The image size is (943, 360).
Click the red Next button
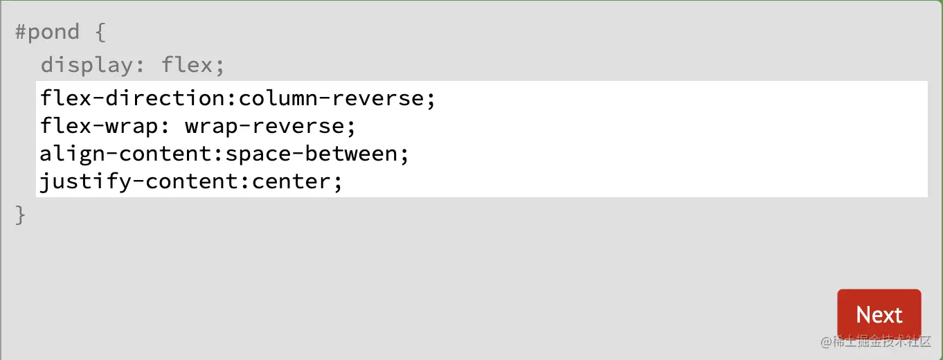pos(879,315)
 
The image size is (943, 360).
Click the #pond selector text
pos(47,32)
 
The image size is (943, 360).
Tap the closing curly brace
pos(20,215)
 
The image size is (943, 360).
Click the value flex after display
pos(186,65)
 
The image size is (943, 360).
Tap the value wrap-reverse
pos(264,127)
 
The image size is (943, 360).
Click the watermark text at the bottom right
pos(876,341)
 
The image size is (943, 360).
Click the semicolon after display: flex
pos(219,66)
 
